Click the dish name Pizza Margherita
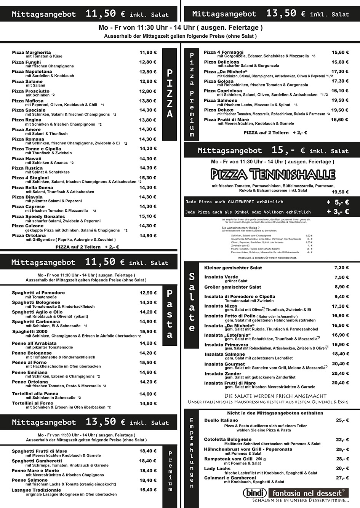point(31,53)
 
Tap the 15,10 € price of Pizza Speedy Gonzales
point(148,216)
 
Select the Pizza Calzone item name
point(27,226)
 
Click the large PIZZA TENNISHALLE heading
point(273,174)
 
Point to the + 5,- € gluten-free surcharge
point(338,202)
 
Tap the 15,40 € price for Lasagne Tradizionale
point(148,490)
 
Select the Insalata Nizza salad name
point(221,306)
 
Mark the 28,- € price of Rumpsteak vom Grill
point(342,459)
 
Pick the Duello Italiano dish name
point(221,420)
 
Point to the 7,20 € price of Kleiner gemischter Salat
point(341,268)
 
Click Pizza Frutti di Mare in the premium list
point(226,120)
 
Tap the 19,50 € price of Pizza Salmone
point(340,101)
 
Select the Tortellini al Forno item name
point(33,403)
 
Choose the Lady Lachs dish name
point(217,469)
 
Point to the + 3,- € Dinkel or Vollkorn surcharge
point(338,212)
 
